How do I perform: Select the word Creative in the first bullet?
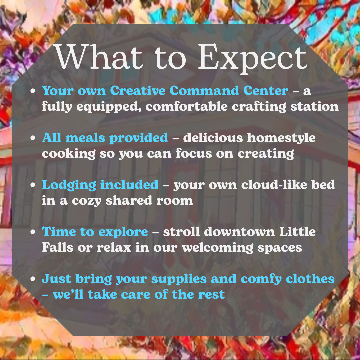coord(138,90)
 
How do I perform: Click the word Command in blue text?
coord(204,90)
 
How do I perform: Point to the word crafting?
coord(259,107)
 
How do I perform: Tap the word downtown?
coord(239,231)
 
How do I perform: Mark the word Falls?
coord(58,247)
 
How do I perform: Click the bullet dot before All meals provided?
coord(33,138)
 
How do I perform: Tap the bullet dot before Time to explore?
coord(33,232)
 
